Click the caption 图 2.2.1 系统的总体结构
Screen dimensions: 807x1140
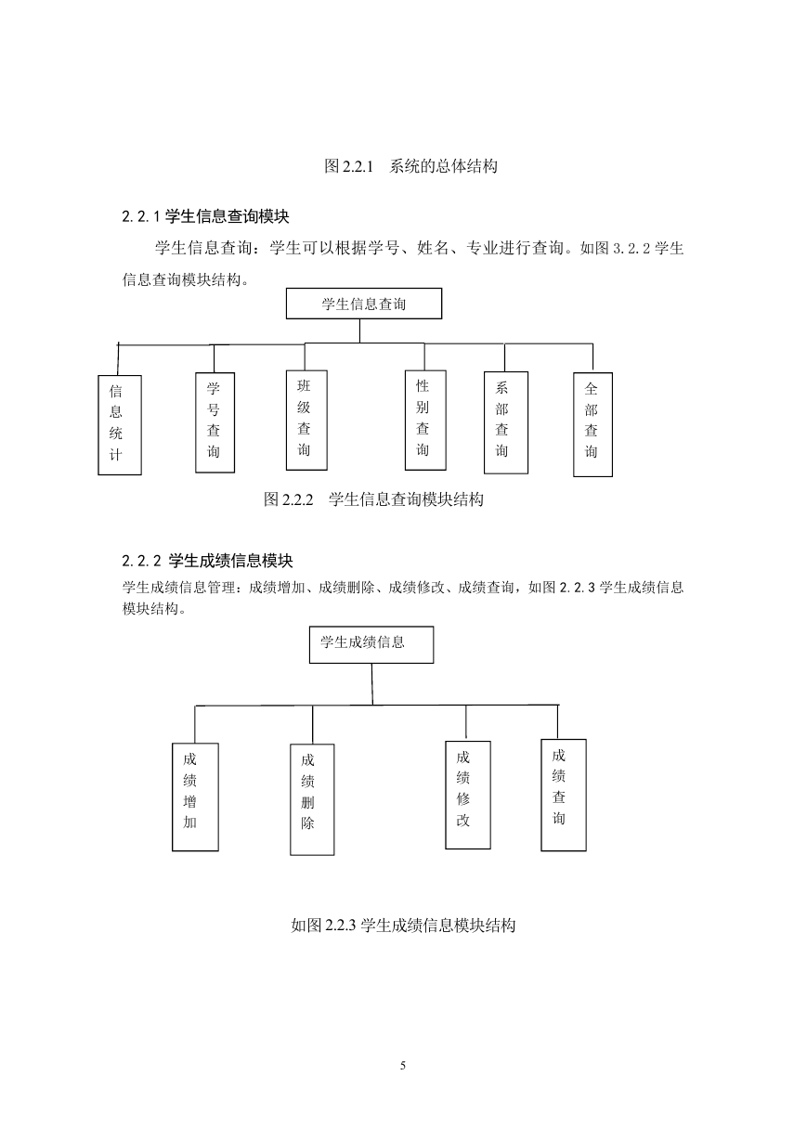coord(410,166)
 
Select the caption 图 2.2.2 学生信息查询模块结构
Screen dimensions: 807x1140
coord(373,499)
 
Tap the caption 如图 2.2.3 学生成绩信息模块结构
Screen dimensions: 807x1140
coord(403,925)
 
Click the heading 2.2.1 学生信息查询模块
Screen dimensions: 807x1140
coord(205,217)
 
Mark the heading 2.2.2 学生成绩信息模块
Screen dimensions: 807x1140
coord(208,561)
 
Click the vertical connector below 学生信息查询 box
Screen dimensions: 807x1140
coord(360,331)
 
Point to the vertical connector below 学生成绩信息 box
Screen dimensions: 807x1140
coord(372,684)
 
